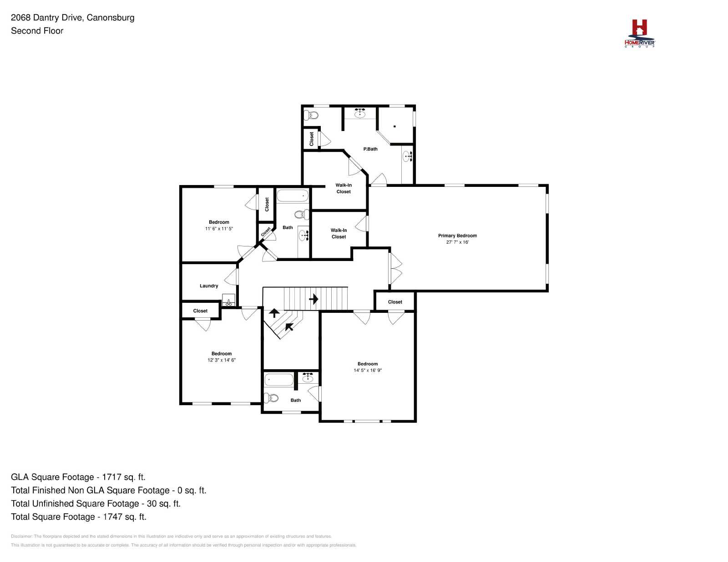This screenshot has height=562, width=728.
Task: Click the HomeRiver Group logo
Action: [639, 34]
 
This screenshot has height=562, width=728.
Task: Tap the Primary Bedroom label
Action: [457, 236]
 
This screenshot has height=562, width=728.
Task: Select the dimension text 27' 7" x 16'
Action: [457, 242]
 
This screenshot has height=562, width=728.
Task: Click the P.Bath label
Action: [370, 149]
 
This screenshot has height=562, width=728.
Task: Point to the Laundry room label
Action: [209, 286]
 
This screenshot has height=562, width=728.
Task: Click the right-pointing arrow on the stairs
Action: [313, 299]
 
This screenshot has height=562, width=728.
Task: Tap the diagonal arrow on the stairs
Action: [289, 326]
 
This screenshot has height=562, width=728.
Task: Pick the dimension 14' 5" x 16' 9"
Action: [368, 370]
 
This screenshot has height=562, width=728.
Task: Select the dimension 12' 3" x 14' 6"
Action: [222, 360]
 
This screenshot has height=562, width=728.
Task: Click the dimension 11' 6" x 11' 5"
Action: [219, 229]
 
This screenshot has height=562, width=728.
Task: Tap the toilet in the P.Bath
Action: [311, 115]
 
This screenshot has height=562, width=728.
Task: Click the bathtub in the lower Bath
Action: [279, 380]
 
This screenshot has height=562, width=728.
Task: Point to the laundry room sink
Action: [228, 300]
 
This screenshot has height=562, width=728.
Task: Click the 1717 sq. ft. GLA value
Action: [124, 477]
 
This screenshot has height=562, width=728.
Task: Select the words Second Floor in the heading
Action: [37, 31]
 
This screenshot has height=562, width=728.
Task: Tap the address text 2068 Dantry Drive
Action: [46, 18]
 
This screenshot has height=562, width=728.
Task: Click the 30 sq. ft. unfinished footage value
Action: [163, 503]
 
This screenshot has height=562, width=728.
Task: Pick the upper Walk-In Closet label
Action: [344, 188]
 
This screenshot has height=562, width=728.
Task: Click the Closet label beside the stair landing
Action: [395, 302]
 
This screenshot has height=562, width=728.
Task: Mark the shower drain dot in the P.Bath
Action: [394, 126]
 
